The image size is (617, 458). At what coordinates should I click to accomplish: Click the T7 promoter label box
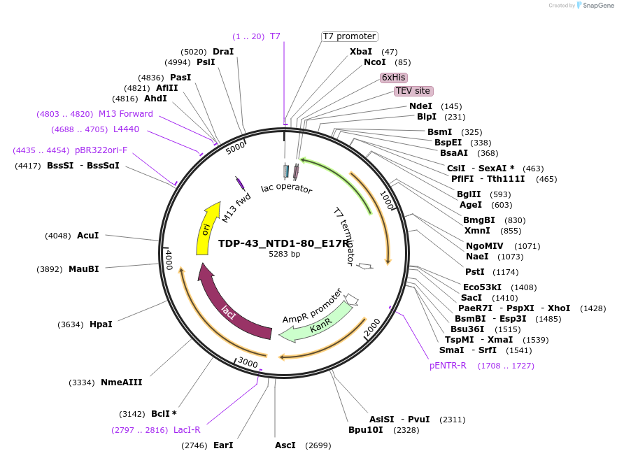(x=349, y=36)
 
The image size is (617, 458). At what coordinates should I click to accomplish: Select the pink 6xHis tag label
(x=394, y=78)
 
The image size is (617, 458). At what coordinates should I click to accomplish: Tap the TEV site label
(x=413, y=91)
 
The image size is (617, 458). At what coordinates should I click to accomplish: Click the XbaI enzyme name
(x=361, y=52)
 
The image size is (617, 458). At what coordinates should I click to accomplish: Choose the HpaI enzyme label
(x=101, y=324)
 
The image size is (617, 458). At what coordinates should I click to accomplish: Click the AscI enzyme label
(x=285, y=445)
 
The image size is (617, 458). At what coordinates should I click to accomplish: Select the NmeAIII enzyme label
(x=122, y=382)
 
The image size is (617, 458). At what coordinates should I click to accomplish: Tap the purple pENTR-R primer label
(x=448, y=366)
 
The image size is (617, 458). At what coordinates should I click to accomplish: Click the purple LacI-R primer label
(x=187, y=430)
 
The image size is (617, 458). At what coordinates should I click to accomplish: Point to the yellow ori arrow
(x=205, y=229)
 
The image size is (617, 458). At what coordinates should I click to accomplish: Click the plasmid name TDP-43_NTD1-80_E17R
(x=283, y=244)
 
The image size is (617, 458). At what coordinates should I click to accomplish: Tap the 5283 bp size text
(x=284, y=255)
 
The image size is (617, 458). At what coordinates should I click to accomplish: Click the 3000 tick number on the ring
(x=248, y=362)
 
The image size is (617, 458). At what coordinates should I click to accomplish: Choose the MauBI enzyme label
(x=83, y=269)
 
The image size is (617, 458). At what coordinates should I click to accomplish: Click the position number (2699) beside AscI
(x=318, y=445)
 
